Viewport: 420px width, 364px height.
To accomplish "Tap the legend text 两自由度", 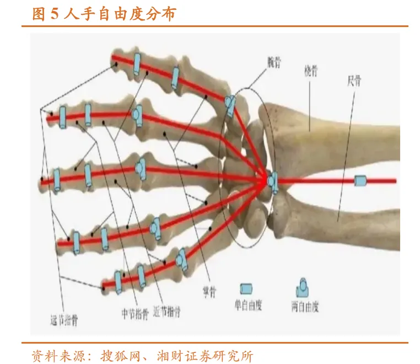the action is (305, 307).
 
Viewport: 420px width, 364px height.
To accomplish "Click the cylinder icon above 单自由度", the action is (247, 288).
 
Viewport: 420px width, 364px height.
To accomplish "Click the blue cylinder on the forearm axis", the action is (360, 180).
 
